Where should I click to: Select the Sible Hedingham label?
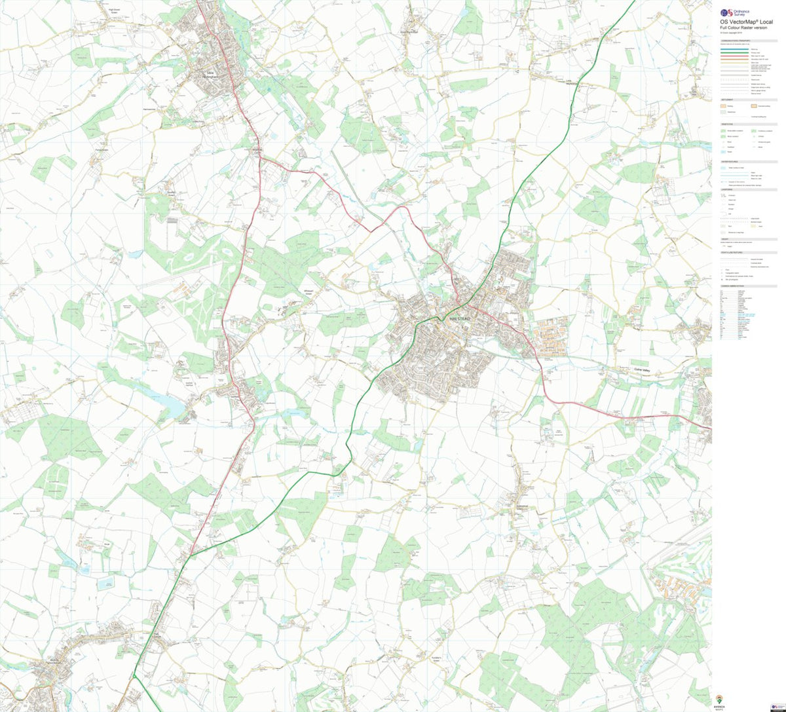pyautogui.click(x=212, y=74)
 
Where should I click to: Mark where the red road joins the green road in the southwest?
pyautogui.click(x=191, y=555)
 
